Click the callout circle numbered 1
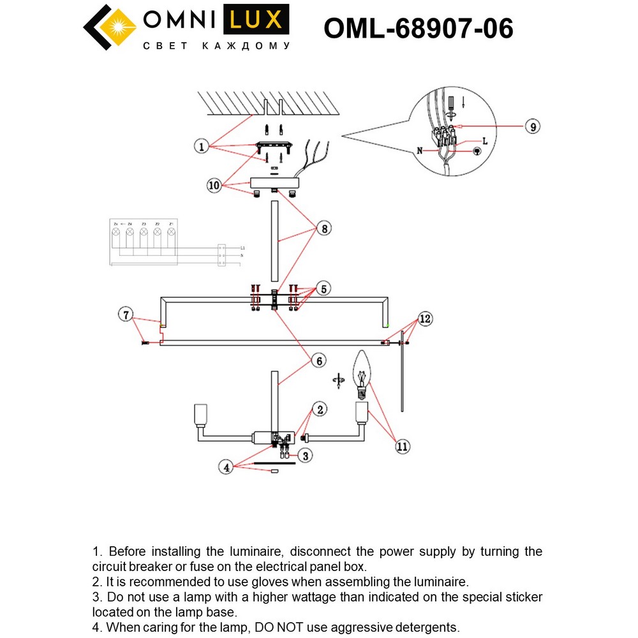pyautogui.click(x=202, y=147)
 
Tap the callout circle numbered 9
pyautogui.click(x=532, y=126)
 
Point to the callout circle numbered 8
pyautogui.click(x=325, y=228)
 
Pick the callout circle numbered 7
pyautogui.click(x=126, y=314)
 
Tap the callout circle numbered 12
pyautogui.click(x=426, y=318)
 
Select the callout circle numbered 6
pyautogui.click(x=317, y=360)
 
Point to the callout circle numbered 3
pyautogui.click(x=306, y=456)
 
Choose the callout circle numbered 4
pyautogui.click(x=225, y=467)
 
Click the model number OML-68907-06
pyautogui.click(x=419, y=28)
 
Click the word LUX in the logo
pyautogui.click(x=255, y=20)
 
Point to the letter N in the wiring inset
pyautogui.click(x=420, y=151)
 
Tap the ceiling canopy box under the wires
pyautogui.click(x=274, y=182)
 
